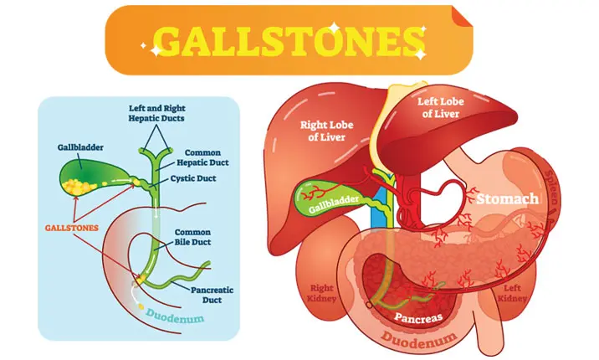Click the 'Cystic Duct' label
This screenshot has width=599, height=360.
tap(202, 178)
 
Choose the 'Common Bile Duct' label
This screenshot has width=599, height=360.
tap(194, 237)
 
